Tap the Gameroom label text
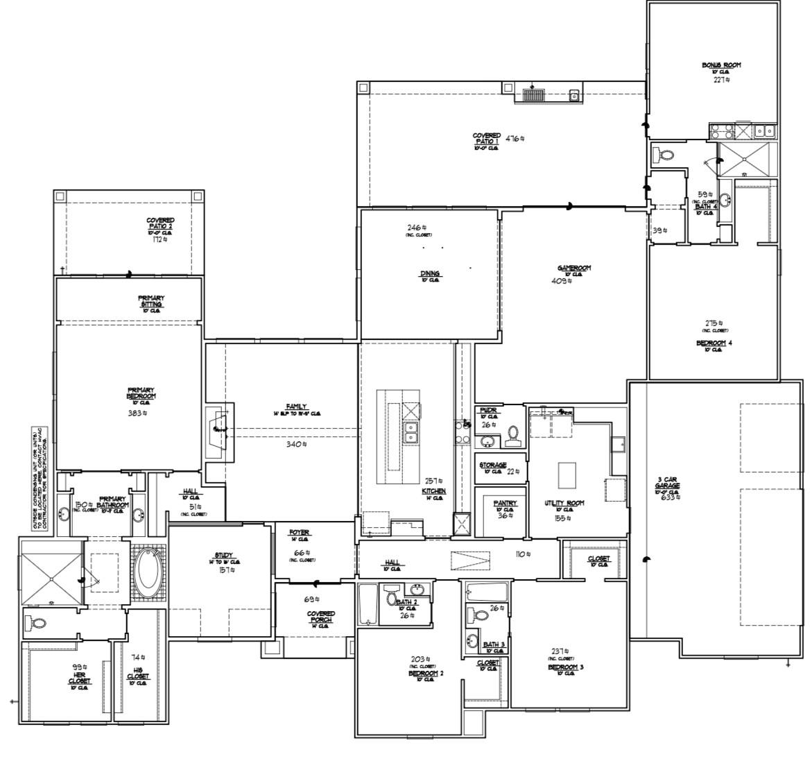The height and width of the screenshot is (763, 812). pyautogui.click(x=574, y=268)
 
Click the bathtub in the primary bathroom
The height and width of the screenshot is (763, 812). pyautogui.click(x=148, y=572)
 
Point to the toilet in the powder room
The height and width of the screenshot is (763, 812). pyautogui.click(x=514, y=434)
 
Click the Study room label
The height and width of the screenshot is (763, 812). pyautogui.click(x=223, y=555)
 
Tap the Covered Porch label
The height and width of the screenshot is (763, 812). pyautogui.click(x=321, y=617)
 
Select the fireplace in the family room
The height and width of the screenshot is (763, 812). pyautogui.click(x=220, y=431)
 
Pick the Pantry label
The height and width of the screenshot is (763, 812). pyautogui.click(x=505, y=503)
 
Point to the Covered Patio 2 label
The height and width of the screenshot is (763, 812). pyautogui.click(x=160, y=223)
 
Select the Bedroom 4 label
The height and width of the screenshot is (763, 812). pyautogui.click(x=714, y=343)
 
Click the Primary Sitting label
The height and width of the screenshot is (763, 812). pyautogui.click(x=151, y=301)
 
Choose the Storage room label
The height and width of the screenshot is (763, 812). pyautogui.click(x=492, y=465)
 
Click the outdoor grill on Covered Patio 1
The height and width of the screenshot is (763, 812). pyautogui.click(x=534, y=95)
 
